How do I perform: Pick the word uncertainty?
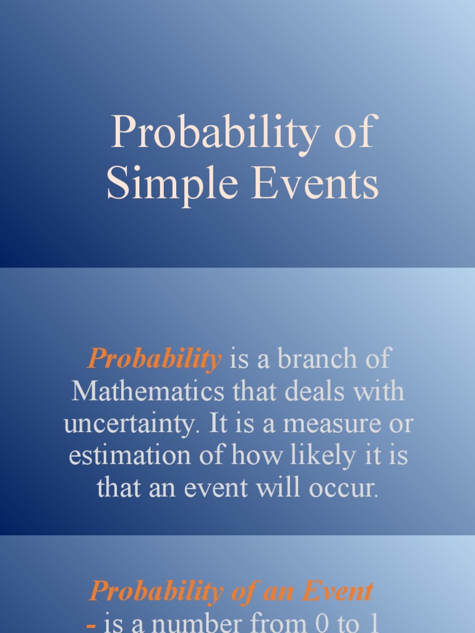click(132, 425)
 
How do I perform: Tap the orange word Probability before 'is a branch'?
click(155, 359)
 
